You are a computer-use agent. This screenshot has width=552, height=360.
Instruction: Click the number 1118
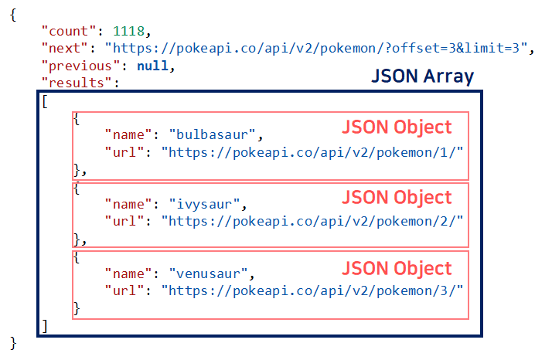[x=128, y=32]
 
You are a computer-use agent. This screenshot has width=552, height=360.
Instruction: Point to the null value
[x=152, y=66]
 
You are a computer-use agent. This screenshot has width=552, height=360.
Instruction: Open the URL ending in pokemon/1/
[x=312, y=151]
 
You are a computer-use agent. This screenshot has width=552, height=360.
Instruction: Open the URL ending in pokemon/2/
[x=312, y=221]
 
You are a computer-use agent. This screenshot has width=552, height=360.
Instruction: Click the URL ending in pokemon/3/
[x=312, y=290]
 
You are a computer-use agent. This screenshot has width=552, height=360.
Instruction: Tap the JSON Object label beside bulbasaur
[x=397, y=127]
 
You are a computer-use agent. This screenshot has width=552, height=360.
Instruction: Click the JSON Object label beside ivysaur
[x=397, y=198]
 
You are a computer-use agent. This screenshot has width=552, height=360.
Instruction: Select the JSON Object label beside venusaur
[x=397, y=268]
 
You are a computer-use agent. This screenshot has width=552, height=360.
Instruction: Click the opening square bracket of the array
[x=46, y=101]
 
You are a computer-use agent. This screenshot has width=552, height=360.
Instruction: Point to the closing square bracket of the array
[x=46, y=325]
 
